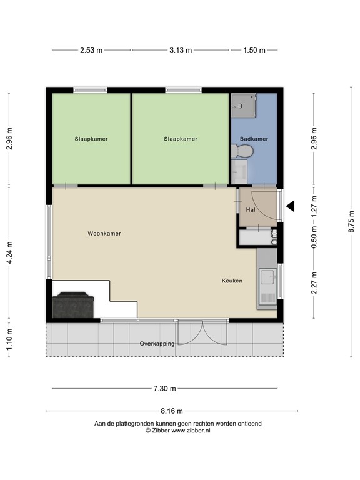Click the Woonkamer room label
coord(104,234)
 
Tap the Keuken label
coord(231,281)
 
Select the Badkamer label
coord(254,139)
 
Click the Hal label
coord(250,210)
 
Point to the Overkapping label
coord(156,344)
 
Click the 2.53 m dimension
coord(91,50)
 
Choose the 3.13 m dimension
coord(180,50)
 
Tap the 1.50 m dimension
coord(254,50)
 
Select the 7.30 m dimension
coord(164,389)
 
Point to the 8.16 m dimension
coord(171,411)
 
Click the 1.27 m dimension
coord(314,204)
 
